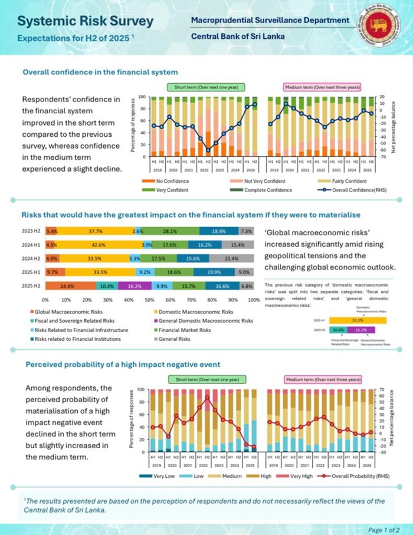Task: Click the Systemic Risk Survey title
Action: point(86,21)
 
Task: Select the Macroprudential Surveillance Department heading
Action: point(270,20)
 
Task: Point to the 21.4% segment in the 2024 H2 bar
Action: point(231,258)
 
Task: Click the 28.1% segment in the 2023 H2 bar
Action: point(172,231)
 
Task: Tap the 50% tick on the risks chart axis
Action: point(150,300)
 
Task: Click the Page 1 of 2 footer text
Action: point(384,529)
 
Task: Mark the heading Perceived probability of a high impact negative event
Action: point(123,365)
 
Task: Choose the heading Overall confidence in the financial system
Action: point(100,72)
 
